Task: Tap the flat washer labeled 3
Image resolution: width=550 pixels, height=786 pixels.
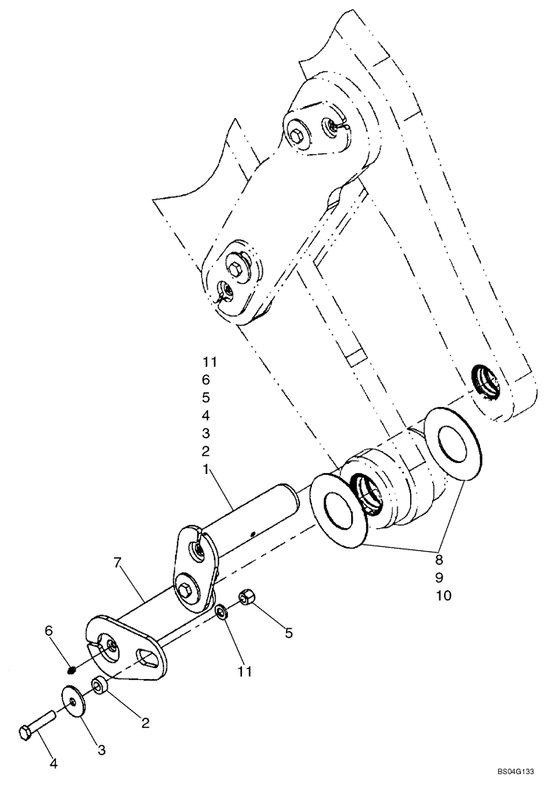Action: [x=74, y=700]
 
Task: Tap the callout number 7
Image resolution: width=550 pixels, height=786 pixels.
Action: [x=117, y=562]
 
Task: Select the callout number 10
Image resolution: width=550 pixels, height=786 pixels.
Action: [x=442, y=595]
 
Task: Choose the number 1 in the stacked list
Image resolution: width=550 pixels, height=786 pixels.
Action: [x=206, y=468]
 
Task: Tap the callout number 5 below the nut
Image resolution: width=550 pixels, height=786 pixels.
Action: [x=288, y=633]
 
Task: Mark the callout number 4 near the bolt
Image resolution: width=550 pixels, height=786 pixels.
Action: [x=53, y=762]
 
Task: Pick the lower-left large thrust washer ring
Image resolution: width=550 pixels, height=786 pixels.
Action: [x=339, y=509]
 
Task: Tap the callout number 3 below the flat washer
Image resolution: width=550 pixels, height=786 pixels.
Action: [x=100, y=750]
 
